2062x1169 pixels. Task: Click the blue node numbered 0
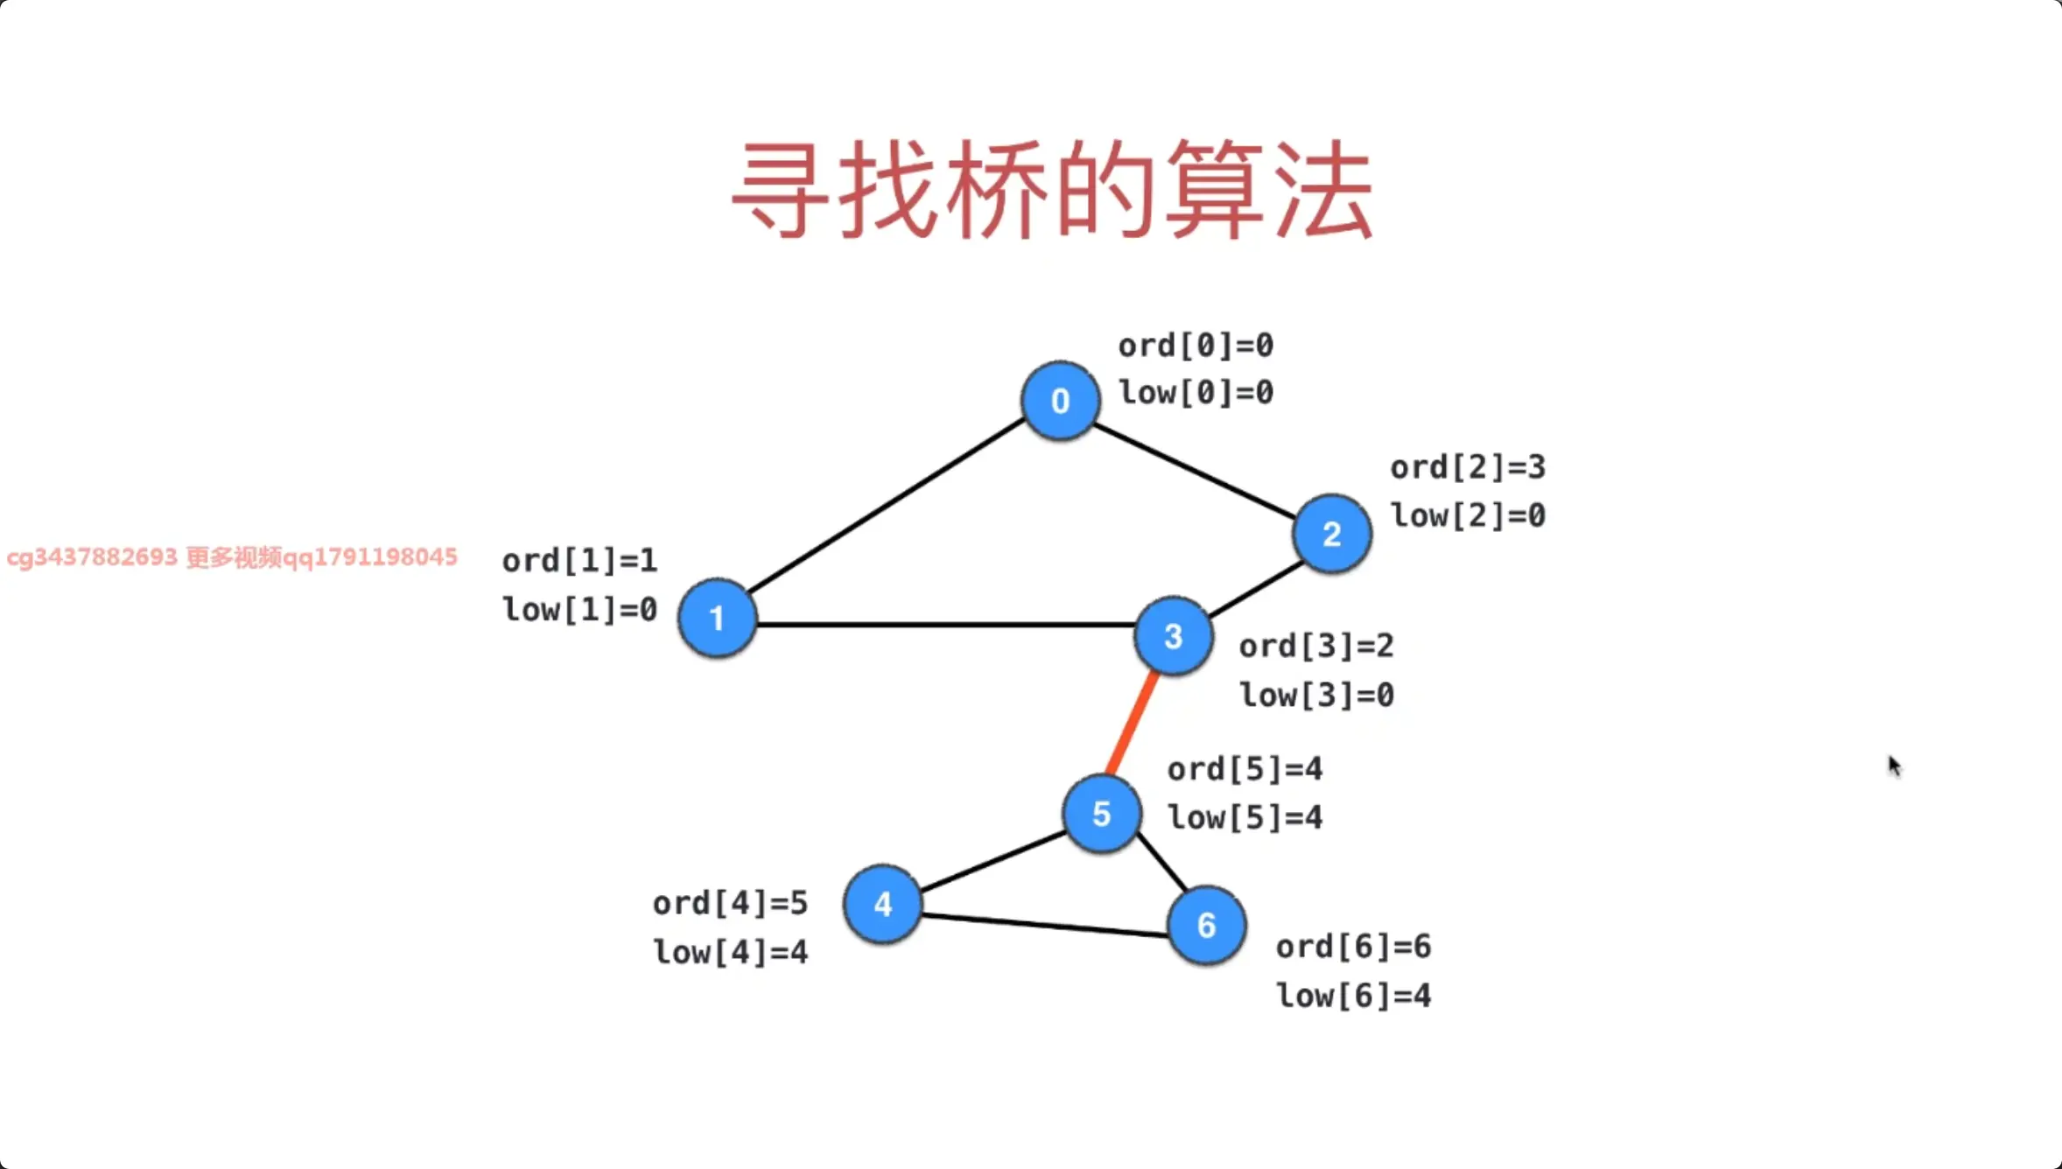click(x=1060, y=401)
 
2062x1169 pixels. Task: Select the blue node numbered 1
click(x=717, y=618)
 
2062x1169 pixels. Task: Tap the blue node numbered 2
click(x=1331, y=534)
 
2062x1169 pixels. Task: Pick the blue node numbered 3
click(x=1173, y=636)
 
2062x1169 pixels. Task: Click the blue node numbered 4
click(x=882, y=904)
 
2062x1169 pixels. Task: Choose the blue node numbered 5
click(x=1101, y=814)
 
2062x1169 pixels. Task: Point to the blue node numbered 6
click(x=1206, y=925)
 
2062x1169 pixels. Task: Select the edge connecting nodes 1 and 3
click(x=945, y=625)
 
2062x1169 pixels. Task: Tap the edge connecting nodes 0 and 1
click(x=884, y=507)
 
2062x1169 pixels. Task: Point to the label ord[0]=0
click(x=1196, y=346)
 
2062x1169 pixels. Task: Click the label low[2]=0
click(x=1468, y=515)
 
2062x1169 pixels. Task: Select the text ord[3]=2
click(x=1316, y=646)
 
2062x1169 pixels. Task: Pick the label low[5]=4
click(x=1245, y=817)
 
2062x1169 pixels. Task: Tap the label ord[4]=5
click(x=730, y=903)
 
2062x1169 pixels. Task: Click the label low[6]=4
click(x=1353, y=995)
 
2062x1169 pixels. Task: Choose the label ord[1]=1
click(x=579, y=560)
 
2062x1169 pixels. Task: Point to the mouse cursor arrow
click(x=1893, y=766)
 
